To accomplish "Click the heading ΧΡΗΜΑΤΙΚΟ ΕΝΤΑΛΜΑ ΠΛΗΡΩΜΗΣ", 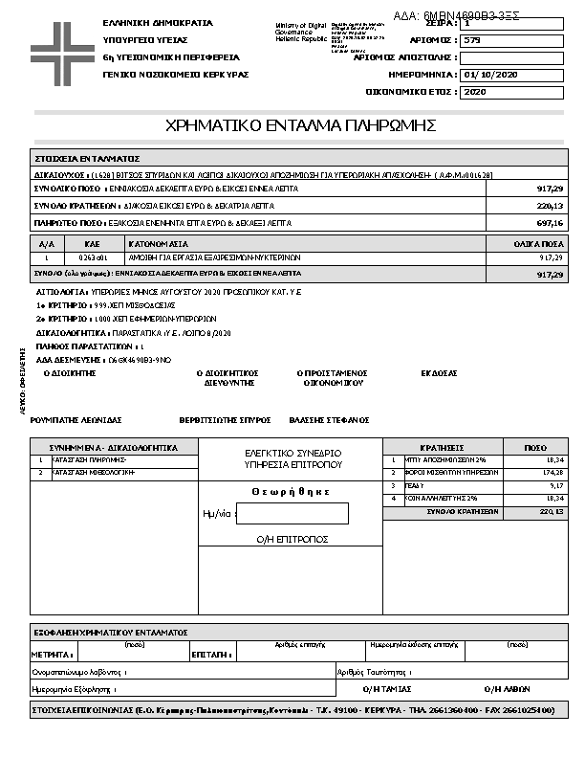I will [x=301, y=125].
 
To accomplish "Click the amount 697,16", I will [x=551, y=223].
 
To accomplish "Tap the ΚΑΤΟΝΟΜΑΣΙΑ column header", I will [x=154, y=244].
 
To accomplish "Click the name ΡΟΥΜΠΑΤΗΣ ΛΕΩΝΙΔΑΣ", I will [x=76, y=420].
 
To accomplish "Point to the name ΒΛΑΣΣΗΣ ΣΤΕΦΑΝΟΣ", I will [x=329, y=420].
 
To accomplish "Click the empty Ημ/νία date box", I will [x=292, y=513].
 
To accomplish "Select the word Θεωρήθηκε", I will [x=291, y=491].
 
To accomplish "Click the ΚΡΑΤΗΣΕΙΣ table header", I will [x=442, y=447].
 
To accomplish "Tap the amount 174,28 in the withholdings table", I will [x=552, y=473].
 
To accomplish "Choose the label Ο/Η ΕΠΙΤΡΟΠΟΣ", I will [x=292, y=540].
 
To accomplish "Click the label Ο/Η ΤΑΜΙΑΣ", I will [x=387, y=688].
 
